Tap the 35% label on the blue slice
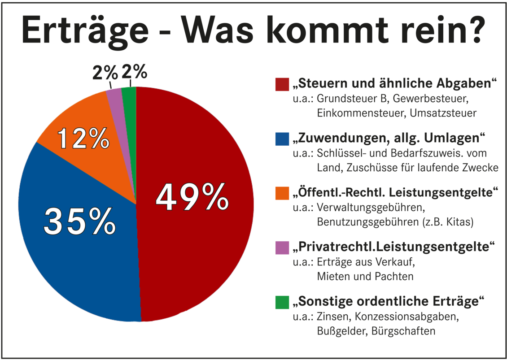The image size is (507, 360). (79, 221)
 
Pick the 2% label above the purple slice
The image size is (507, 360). (105, 74)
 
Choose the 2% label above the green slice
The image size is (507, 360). (134, 72)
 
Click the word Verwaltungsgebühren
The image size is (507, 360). (371, 208)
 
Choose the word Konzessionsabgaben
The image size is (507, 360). (406, 317)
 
